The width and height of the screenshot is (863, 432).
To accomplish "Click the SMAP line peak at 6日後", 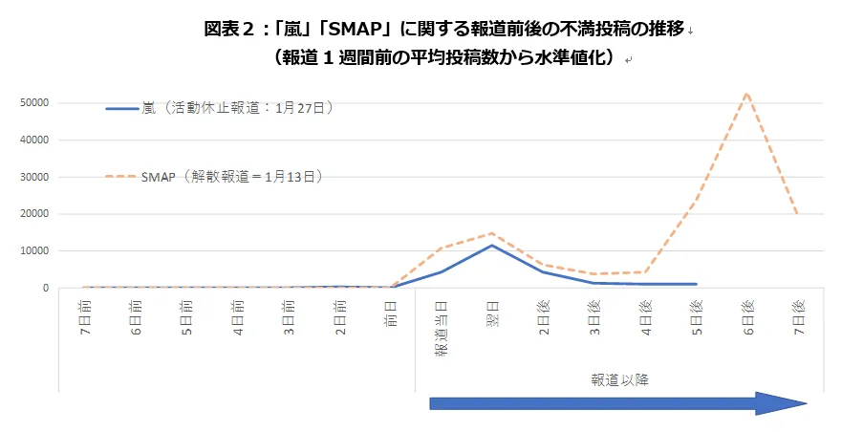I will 746,93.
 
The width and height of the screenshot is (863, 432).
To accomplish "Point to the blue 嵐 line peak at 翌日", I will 491,246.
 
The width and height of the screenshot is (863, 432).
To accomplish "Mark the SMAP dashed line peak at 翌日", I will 491,233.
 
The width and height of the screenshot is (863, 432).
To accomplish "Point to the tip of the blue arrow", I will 806,403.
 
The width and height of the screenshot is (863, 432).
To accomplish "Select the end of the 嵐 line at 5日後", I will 696,284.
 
